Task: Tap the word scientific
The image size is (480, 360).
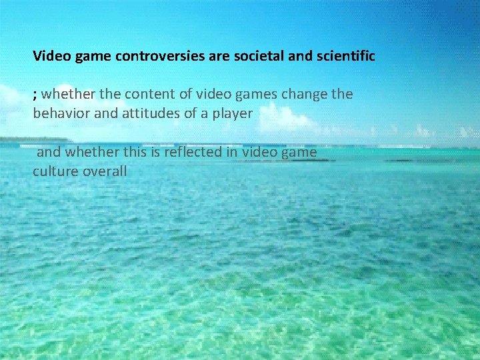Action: pyautogui.click(x=343, y=56)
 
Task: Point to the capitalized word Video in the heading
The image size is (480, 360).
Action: pyautogui.click(x=48, y=56)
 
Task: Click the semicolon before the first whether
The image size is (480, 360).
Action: pyautogui.click(x=35, y=95)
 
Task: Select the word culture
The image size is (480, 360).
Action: pyautogui.click(x=55, y=171)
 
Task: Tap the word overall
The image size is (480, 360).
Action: pyautogui.click(x=105, y=171)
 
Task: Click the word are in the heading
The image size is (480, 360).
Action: pyautogui.click(x=219, y=56)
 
